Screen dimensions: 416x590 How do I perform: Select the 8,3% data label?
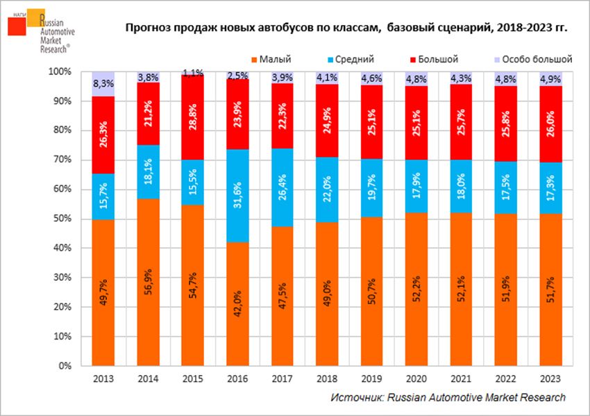[103, 83]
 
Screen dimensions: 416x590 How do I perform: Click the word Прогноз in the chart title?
[148, 28]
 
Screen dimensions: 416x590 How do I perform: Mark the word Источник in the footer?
[355, 397]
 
